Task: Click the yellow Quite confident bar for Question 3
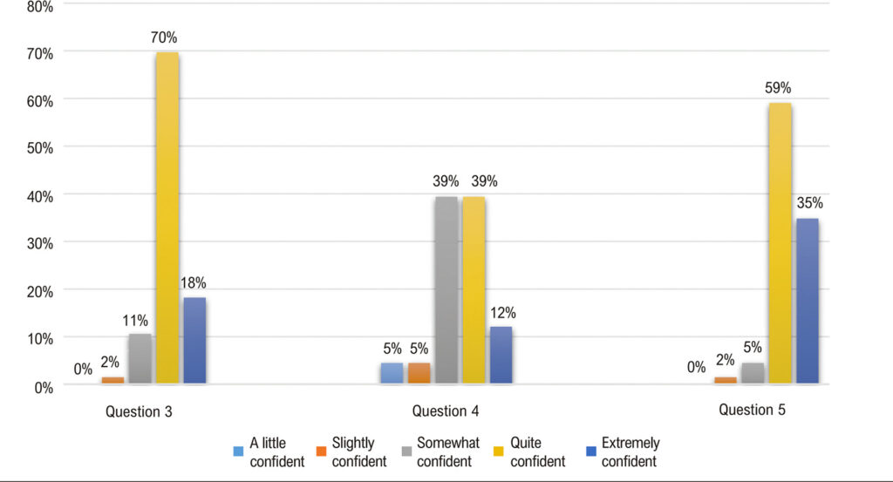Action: (x=167, y=217)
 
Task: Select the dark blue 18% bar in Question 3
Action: (x=194, y=340)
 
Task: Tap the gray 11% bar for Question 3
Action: (x=140, y=358)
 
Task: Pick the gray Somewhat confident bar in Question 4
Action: (x=446, y=289)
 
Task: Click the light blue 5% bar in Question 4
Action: (x=392, y=373)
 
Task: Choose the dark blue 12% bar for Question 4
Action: (x=501, y=355)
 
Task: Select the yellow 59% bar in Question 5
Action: (x=781, y=243)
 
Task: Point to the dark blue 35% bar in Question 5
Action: (x=808, y=301)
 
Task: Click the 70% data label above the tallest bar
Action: (x=164, y=37)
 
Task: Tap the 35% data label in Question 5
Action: (x=810, y=203)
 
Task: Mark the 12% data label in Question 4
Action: (x=503, y=312)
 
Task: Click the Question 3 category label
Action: (x=139, y=411)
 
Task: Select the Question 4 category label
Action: (x=446, y=411)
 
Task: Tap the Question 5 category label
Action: (x=752, y=410)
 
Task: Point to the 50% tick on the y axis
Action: (x=40, y=148)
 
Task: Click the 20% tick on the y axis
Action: (x=40, y=291)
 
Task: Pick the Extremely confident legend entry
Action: (x=623, y=451)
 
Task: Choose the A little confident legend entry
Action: (x=269, y=451)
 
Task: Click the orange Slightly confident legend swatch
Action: (x=321, y=451)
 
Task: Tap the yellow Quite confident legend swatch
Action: (x=499, y=451)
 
